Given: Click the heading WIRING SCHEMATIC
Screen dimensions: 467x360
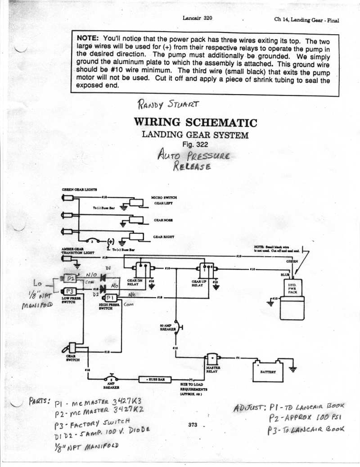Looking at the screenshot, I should coord(195,122).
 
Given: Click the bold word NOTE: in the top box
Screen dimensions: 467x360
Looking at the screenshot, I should coord(89,38).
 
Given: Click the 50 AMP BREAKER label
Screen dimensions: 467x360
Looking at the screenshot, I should coord(168,327).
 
